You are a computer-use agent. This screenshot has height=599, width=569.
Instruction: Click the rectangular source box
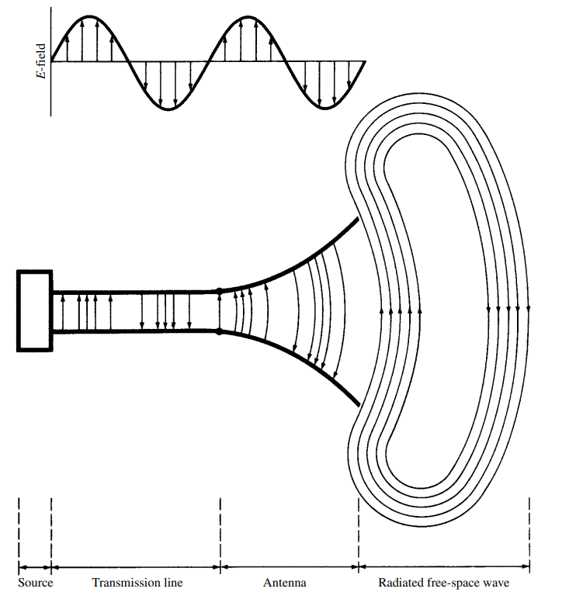point(34,310)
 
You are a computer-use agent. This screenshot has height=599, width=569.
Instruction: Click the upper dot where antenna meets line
point(220,292)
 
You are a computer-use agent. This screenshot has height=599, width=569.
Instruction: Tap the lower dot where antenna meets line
point(220,332)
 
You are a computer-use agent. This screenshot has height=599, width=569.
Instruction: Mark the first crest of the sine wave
point(91,16)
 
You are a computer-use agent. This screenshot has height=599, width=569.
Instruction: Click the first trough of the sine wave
point(169,109)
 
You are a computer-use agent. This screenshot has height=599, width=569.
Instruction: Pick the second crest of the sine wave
point(248,16)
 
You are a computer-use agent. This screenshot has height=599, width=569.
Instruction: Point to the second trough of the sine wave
point(326,109)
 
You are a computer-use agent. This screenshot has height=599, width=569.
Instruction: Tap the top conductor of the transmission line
point(136,292)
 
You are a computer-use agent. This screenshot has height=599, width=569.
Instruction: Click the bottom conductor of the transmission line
point(136,332)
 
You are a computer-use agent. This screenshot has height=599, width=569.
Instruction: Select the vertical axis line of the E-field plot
point(51,78)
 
